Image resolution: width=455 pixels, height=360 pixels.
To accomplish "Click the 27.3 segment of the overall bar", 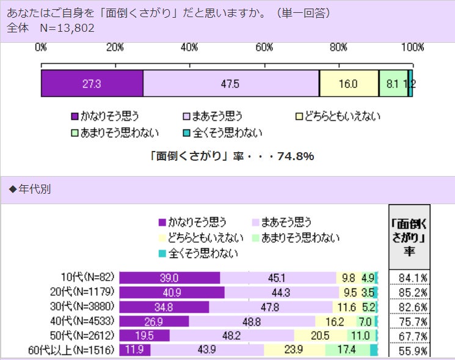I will (x=92, y=84).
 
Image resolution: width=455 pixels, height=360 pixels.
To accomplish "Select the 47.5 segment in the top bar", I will (x=231, y=84).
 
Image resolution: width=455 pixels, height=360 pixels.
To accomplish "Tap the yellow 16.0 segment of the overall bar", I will (x=348, y=84).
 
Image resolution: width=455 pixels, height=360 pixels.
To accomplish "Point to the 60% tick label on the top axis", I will (x=264, y=47).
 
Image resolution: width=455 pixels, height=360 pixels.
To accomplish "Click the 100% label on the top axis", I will (x=413, y=47).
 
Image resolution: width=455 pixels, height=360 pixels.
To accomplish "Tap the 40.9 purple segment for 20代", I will (x=172, y=292).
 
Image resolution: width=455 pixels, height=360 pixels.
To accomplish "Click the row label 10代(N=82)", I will (x=87, y=278).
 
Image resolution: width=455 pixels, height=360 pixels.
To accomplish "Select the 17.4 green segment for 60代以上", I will (x=347, y=350).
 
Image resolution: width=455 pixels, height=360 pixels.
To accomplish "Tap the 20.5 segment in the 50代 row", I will (x=320, y=336).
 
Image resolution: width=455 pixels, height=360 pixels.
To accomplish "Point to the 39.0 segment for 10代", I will (x=169, y=278).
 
